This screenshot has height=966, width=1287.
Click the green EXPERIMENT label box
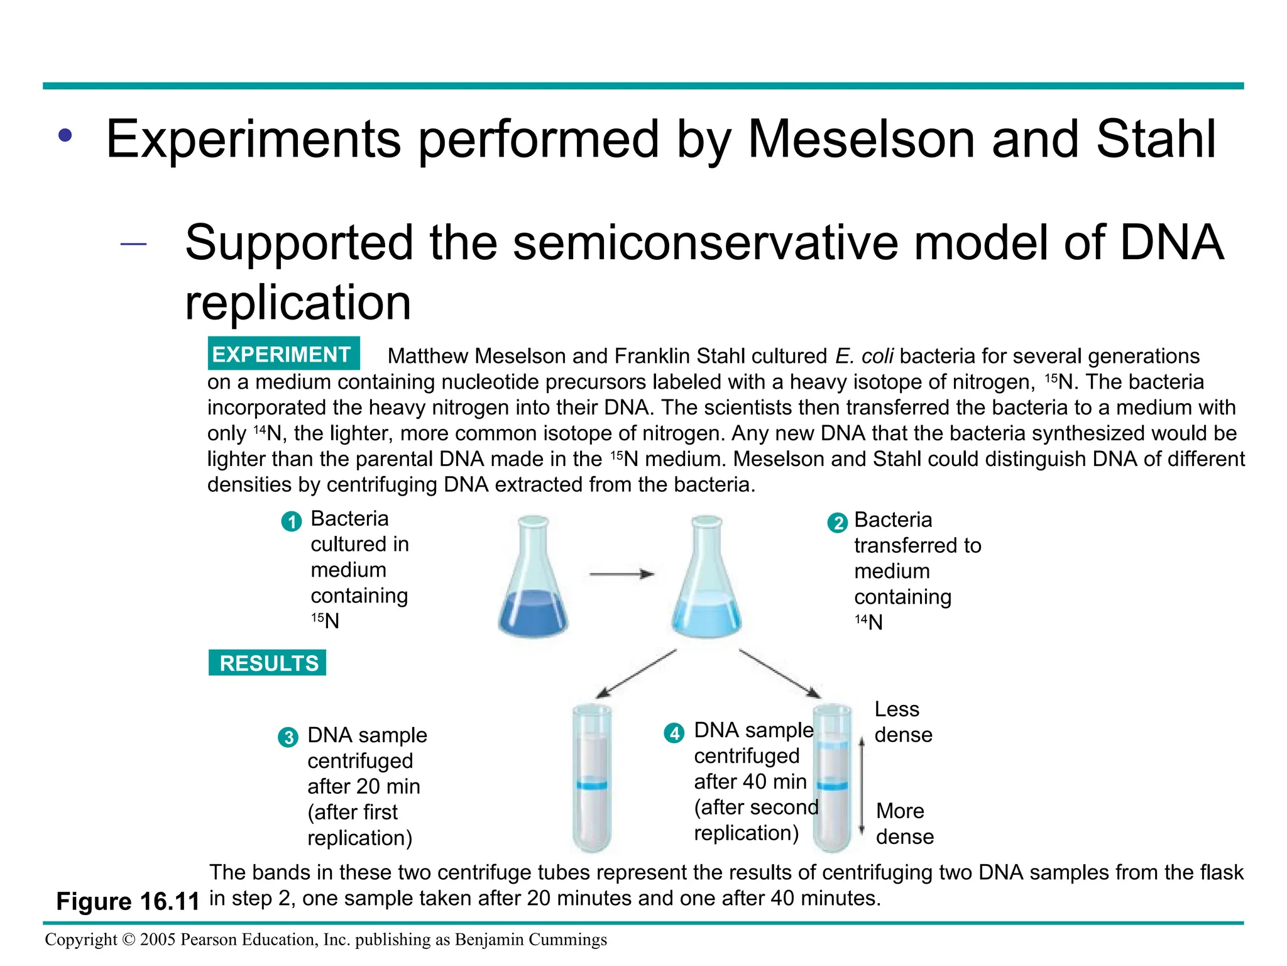coord(283,354)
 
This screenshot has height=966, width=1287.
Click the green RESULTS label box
coord(267,663)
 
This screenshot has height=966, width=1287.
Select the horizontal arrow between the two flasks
coord(622,574)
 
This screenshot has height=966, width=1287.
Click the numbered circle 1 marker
coord(291,521)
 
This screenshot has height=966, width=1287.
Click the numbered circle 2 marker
coord(837,523)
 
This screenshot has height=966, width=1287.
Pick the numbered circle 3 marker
coord(288,737)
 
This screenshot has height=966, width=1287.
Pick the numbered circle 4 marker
coord(674,733)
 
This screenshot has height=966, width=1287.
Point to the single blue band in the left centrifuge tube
coord(591,785)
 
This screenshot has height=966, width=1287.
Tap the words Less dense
coord(903,722)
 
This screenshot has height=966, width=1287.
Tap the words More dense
coord(904,823)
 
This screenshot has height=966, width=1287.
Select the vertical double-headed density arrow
coord(862,786)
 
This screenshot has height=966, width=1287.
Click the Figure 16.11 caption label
coord(128,901)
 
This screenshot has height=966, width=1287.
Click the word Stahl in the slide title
coord(1156,139)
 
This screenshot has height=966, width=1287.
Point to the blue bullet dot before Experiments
coord(65,135)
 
